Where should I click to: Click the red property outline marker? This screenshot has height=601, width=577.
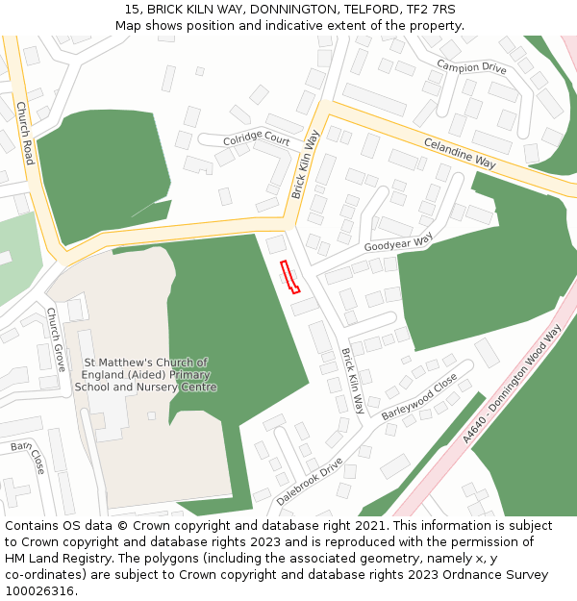point(289,276)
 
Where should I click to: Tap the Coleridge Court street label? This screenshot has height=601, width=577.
point(257,139)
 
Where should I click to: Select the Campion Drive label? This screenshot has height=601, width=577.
point(471,67)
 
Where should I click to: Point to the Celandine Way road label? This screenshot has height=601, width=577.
point(460,153)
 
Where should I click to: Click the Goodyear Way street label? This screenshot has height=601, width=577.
point(398,243)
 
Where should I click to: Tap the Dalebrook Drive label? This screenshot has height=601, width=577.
point(310,482)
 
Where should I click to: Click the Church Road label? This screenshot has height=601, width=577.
point(25,134)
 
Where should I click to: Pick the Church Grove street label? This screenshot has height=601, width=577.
point(56,340)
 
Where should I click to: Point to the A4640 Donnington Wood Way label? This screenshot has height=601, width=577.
point(511,384)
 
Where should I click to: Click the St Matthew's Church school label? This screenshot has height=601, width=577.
point(146,375)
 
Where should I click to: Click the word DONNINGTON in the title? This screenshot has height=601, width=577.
point(272,10)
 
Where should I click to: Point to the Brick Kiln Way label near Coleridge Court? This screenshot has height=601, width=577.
point(305,164)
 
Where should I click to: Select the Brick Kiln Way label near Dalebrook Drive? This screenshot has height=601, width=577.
point(352,382)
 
